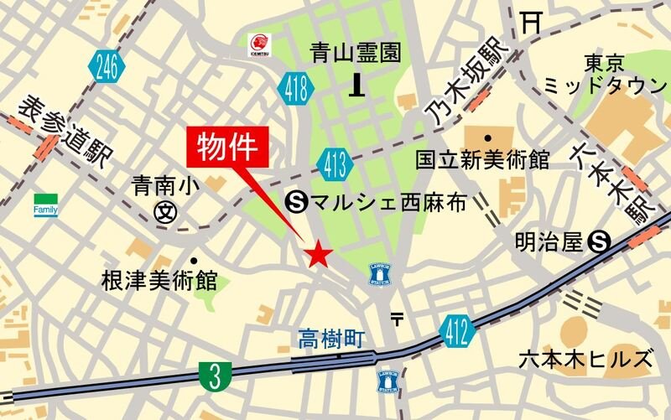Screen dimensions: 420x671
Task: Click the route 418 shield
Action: [294, 87]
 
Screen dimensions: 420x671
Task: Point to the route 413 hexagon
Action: [335, 163]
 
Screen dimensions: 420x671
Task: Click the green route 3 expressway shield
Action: [215, 376]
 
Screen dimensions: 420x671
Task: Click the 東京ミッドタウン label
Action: [605, 75]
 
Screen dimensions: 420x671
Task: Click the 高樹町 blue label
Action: [333, 339]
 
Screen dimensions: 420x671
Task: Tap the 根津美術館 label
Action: [159, 279]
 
